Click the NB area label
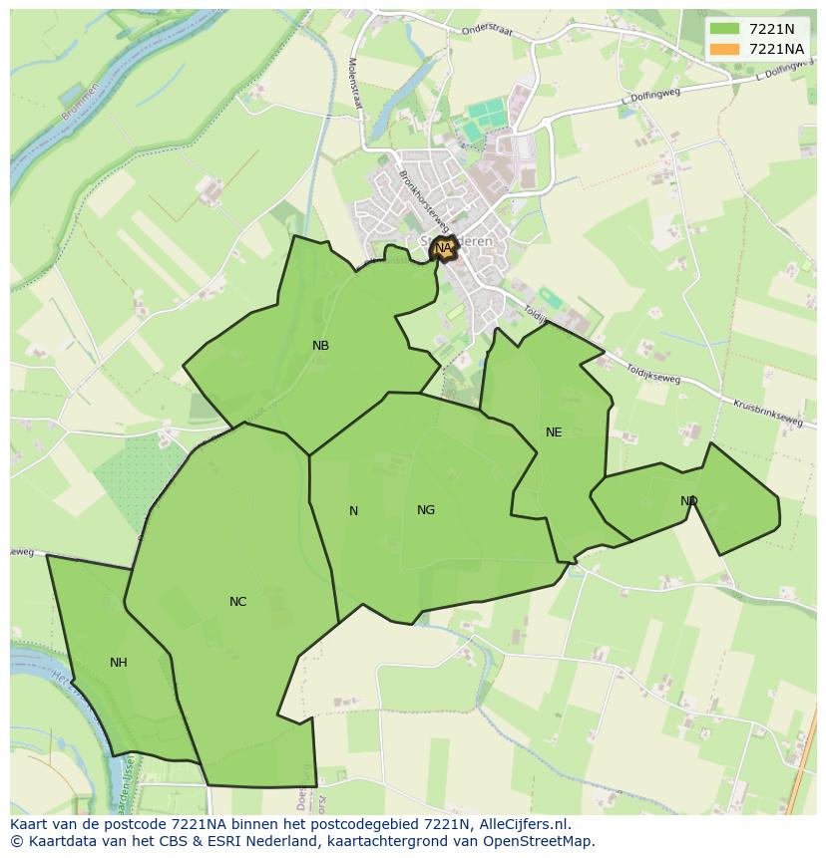pos(320,346)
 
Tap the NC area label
pos(237,602)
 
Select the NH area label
pos(119,663)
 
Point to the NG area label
pos(426,510)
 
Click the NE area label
pos(554,432)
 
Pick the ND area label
pos(689,501)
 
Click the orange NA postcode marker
pos(443,247)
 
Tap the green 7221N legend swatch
pos(724,29)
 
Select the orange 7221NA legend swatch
pos(724,49)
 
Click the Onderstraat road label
pos(487,31)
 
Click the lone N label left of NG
pos(353,511)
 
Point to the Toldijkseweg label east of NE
pos(652,374)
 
